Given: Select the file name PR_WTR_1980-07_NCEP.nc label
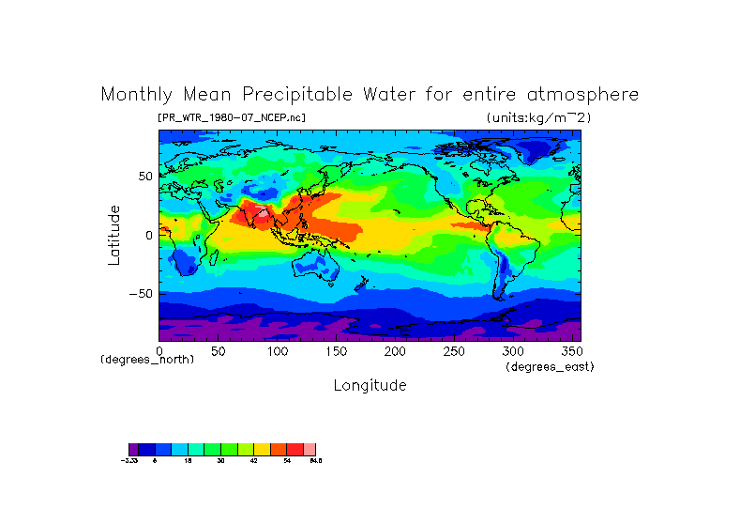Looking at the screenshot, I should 232,117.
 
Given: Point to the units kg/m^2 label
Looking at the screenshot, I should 538,117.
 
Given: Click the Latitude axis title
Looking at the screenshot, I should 113,235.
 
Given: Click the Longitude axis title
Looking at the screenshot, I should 370,385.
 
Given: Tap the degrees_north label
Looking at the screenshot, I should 147,360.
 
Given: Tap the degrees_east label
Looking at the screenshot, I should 550,366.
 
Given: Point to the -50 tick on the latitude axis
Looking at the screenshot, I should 138,294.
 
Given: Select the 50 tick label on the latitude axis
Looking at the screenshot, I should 144,177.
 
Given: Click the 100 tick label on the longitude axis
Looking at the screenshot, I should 277,351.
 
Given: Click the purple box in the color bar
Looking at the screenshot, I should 133,449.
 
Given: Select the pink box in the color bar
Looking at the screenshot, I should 310,449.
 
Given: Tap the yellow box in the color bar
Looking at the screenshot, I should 262,449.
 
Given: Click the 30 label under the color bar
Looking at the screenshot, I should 220,460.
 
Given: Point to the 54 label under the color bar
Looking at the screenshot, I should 287,460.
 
